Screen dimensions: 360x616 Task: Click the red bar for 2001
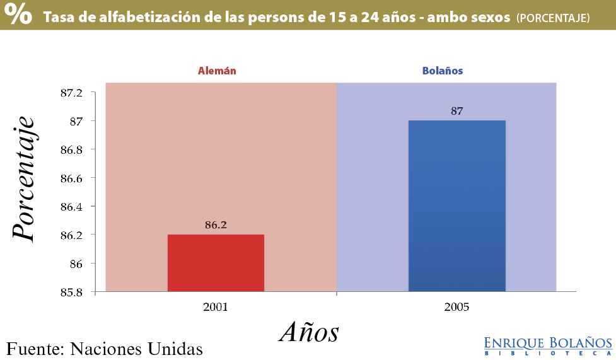(x=216, y=263)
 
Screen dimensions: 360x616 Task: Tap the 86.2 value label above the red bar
(x=216, y=224)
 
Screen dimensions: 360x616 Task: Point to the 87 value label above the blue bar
(x=457, y=111)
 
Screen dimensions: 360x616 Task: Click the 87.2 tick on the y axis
(x=71, y=93)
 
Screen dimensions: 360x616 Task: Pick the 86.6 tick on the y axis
(x=71, y=178)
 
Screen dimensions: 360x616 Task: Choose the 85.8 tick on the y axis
(x=71, y=293)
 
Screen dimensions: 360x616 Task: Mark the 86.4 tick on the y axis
(x=71, y=207)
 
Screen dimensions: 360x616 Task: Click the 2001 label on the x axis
(x=216, y=308)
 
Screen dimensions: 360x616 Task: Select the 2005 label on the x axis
(x=457, y=308)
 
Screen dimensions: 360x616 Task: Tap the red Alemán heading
(x=217, y=71)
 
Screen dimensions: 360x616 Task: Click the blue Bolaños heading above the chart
(x=443, y=71)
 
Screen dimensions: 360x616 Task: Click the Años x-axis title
(x=309, y=332)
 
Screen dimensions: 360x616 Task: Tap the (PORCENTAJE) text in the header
(x=553, y=18)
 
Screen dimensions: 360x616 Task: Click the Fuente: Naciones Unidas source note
(x=105, y=348)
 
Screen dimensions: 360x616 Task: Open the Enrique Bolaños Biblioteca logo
(x=548, y=345)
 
